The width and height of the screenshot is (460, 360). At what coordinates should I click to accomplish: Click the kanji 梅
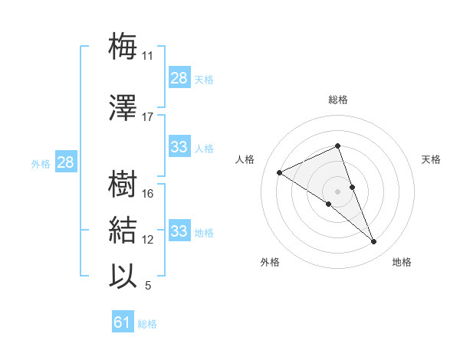coord(123,46)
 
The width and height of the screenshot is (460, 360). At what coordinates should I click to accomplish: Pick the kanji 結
coord(123,231)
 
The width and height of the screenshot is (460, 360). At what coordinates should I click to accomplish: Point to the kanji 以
coord(123,276)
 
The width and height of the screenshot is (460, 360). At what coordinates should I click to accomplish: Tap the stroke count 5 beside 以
coord(147,286)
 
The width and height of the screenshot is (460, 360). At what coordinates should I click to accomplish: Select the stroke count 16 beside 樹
coord(148,194)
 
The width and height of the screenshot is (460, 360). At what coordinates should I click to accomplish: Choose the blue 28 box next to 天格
coord(179,78)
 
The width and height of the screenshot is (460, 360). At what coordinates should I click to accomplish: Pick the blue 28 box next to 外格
coord(65,162)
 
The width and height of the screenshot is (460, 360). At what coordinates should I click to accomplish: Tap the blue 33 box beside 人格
coord(179,147)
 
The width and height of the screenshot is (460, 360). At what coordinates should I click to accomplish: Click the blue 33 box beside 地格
coord(179,231)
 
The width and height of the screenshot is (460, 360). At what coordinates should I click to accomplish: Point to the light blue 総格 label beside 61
coord(147,324)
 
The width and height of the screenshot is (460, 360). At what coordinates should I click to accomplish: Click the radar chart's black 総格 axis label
coord(338,100)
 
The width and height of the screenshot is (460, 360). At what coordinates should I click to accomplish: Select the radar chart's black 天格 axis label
coord(432,159)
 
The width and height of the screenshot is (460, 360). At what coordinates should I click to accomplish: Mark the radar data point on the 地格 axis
coord(374,242)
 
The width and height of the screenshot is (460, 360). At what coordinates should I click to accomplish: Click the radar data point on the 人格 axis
coord(280,172)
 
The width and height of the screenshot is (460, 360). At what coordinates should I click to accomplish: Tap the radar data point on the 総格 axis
coord(338,146)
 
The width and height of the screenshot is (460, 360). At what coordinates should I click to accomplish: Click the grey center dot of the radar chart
coord(338,191)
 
